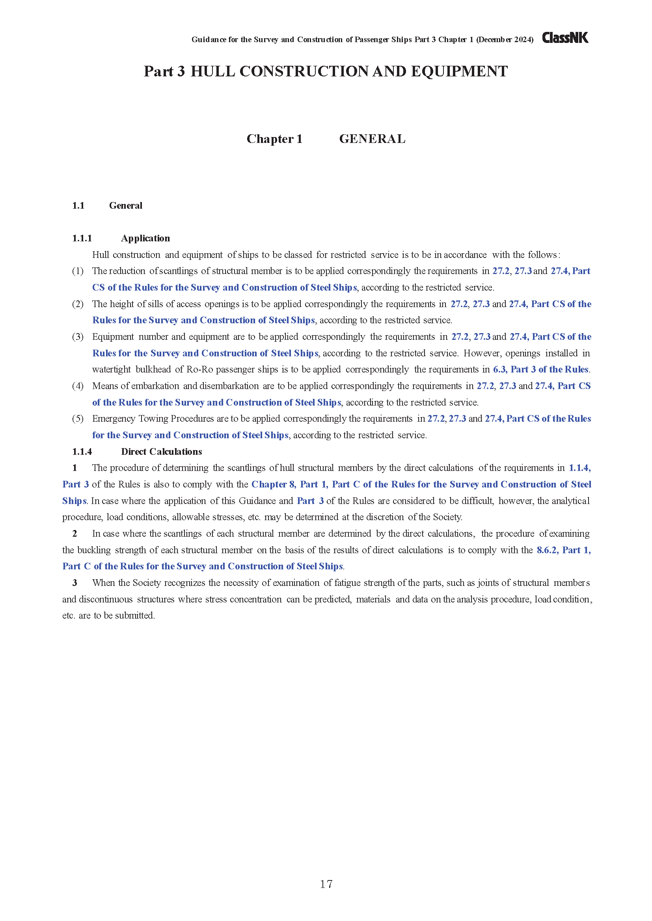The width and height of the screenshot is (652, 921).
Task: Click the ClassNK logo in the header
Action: click(x=565, y=38)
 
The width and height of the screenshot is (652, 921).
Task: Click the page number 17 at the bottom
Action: click(x=326, y=884)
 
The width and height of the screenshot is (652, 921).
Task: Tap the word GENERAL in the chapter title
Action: click(x=372, y=139)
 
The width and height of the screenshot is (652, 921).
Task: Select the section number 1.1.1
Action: click(x=82, y=238)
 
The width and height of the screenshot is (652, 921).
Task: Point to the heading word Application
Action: click(x=145, y=238)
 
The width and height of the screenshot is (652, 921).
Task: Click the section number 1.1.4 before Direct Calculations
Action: click(x=82, y=452)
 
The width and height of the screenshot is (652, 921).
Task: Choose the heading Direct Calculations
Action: click(x=161, y=452)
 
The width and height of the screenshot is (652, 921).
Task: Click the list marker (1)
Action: click(x=78, y=271)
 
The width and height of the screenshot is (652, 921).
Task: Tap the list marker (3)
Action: click(x=78, y=337)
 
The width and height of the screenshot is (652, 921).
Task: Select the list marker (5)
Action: click(x=78, y=419)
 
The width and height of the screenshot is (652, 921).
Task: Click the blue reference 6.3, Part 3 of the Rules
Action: click(x=541, y=369)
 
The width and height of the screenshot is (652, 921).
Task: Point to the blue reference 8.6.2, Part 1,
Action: click(x=564, y=550)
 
